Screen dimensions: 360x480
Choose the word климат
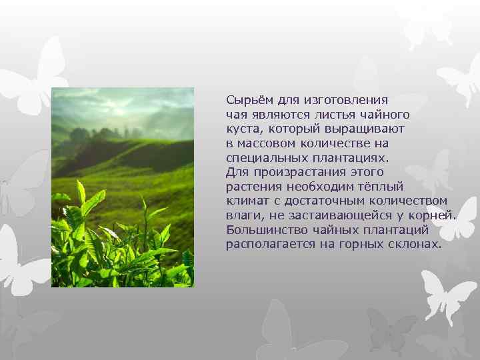[247, 201]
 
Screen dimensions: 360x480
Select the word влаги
[241, 215]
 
